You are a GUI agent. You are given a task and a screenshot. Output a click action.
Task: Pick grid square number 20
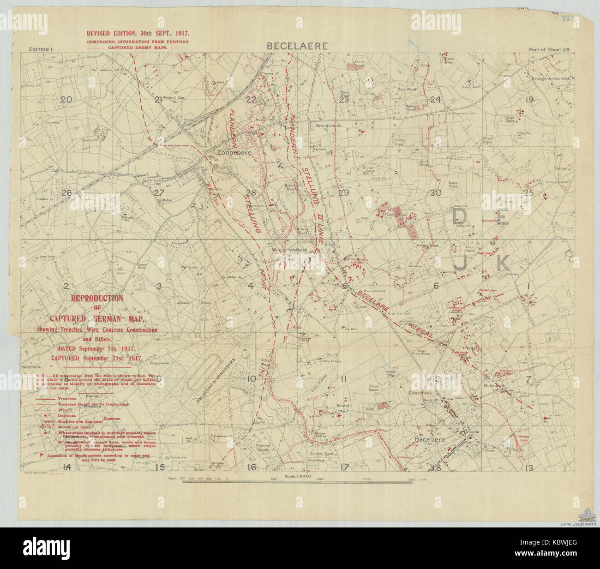[x=67, y=100]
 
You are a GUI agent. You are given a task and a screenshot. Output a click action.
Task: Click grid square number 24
[x=435, y=100]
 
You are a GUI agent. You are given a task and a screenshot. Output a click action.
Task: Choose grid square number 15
[x=160, y=467]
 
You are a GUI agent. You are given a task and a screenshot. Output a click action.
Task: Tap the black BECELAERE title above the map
[x=297, y=46]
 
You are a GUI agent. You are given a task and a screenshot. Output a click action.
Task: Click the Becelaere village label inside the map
[x=430, y=440]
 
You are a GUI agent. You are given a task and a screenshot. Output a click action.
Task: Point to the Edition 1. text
[x=42, y=49]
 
